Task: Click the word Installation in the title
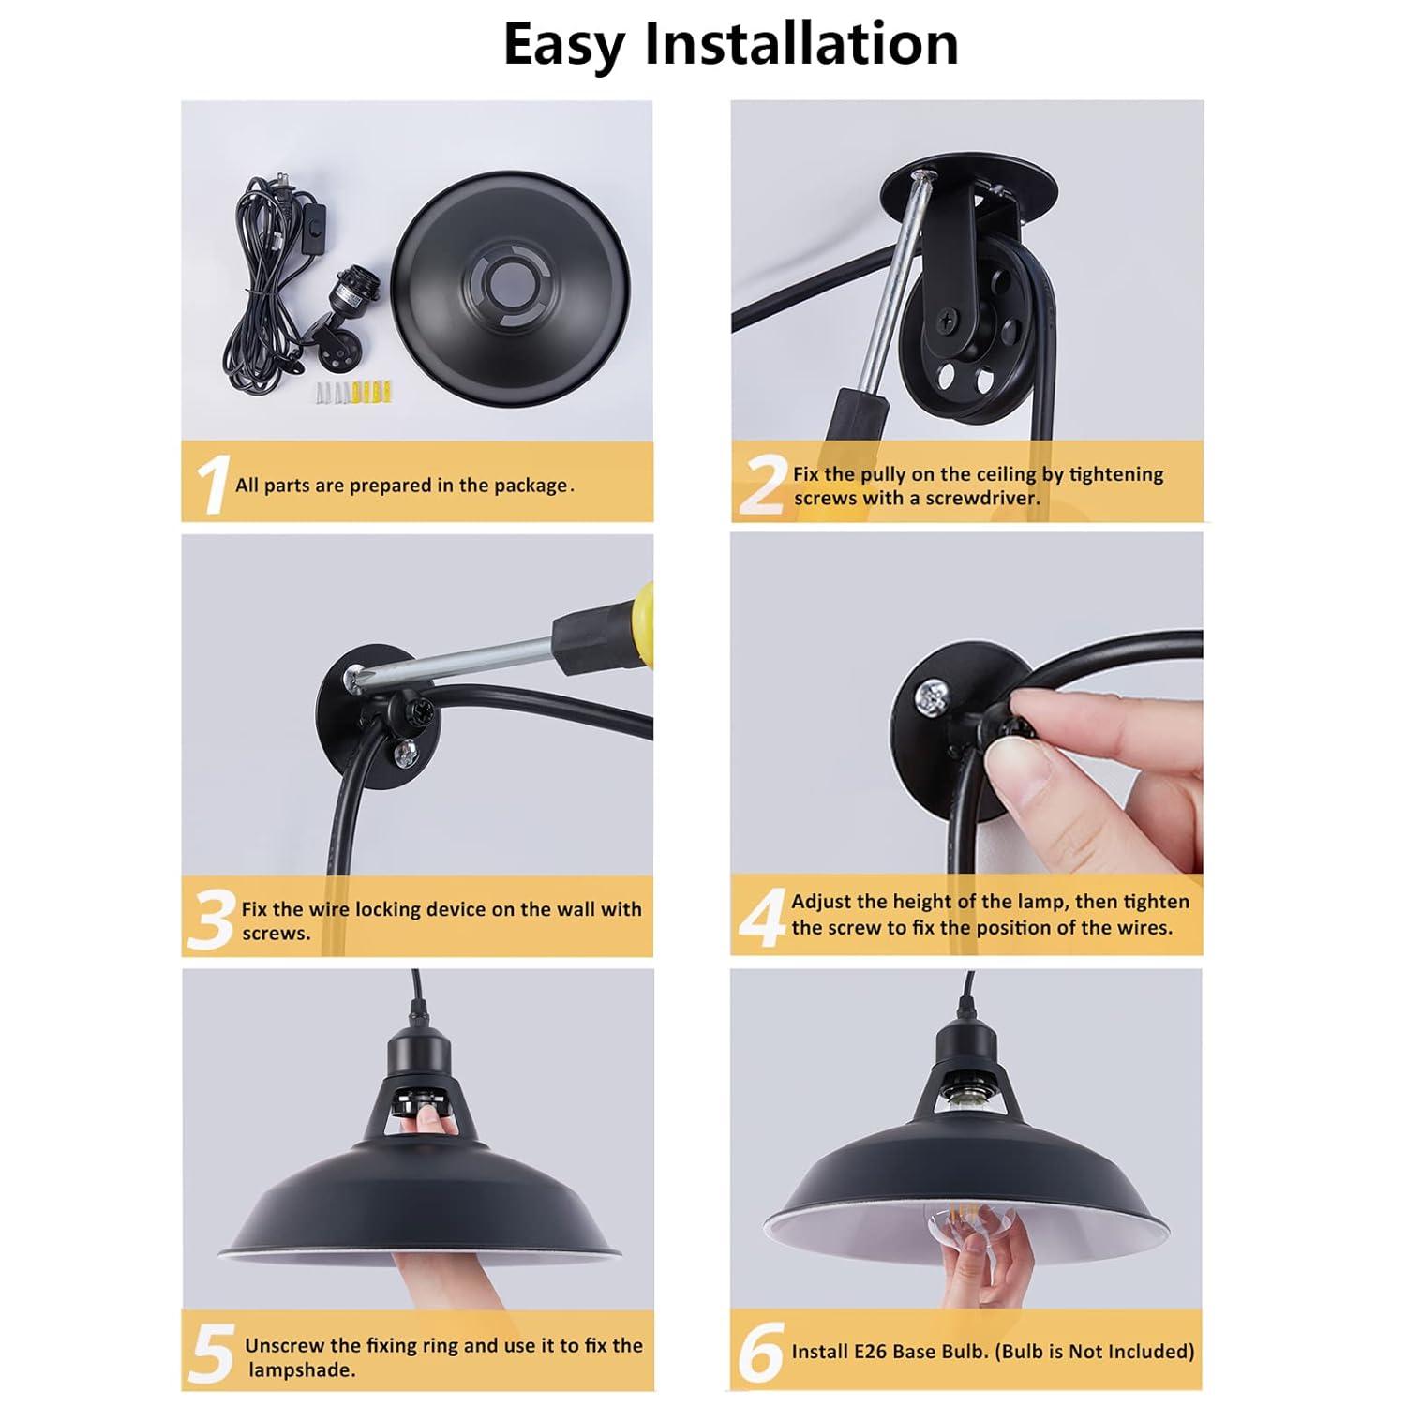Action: pyautogui.click(x=801, y=44)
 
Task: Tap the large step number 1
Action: pyautogui.click(x=211, y=485)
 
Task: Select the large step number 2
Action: pyautogui.click(x=760, y=486)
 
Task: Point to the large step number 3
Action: pyautogui.click(x=210, y=920)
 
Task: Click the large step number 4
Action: pyautogui.click(x=760, y=917)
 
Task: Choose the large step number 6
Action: pyautogui.click(x=759, y=1353)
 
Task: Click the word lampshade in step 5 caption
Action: pyautogui.click(x=301, y=1369)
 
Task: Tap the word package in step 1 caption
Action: pyautogui.click(x=531, y=486)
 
